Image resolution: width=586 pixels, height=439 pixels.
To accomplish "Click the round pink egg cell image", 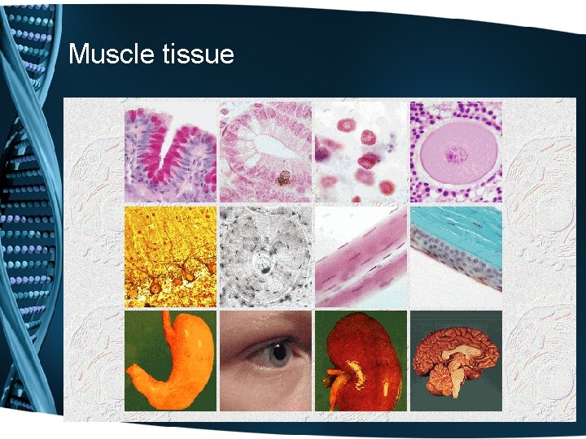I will (x=456, y=151).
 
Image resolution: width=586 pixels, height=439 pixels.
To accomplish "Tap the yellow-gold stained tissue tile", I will (x=170, y=256).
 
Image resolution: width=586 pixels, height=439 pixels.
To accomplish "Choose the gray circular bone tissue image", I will (x=265, y=256).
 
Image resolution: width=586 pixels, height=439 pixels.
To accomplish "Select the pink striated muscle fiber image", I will (x=360, y=256).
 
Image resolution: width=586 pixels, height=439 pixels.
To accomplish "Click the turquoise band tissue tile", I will (x=456, y=256).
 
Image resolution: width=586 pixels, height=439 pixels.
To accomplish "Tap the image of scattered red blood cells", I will (x=360, y=151).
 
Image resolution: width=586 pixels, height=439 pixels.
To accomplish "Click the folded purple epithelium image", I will (x=170, y=151).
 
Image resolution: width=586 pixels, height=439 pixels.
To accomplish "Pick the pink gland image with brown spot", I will (x=265, y=151).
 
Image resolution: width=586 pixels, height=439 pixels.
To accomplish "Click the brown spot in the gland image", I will (x=282, y=177).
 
